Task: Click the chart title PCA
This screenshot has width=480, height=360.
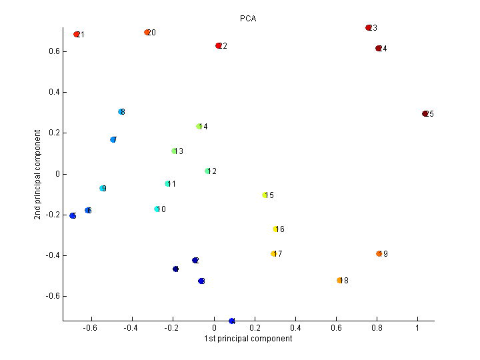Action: tap(248, 19)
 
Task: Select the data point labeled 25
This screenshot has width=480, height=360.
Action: tap(425, 114)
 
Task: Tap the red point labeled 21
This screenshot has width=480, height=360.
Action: tap(77, 34)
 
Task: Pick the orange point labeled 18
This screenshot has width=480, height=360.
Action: tap(339, 281)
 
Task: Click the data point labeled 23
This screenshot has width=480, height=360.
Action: tap(368, 28)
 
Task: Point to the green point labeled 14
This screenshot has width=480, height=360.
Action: tap(199, 127)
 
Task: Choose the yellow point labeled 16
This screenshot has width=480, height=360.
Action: tap(275, 229)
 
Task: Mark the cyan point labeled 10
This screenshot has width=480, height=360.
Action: tap(157, 209)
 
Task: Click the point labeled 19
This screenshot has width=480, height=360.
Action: tap(379, 254)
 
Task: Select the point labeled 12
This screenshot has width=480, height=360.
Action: tap(207, 171)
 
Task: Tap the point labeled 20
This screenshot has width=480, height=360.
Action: tap(147, 33)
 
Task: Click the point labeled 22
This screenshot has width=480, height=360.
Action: tap(218, 46)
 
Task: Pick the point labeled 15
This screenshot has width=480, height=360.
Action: tap(265, 195)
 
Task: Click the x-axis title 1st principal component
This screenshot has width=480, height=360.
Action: tap(248, 339)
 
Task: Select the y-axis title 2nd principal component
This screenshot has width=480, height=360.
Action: tap(38, 174)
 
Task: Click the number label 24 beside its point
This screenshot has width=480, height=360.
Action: tap(383, 49)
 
